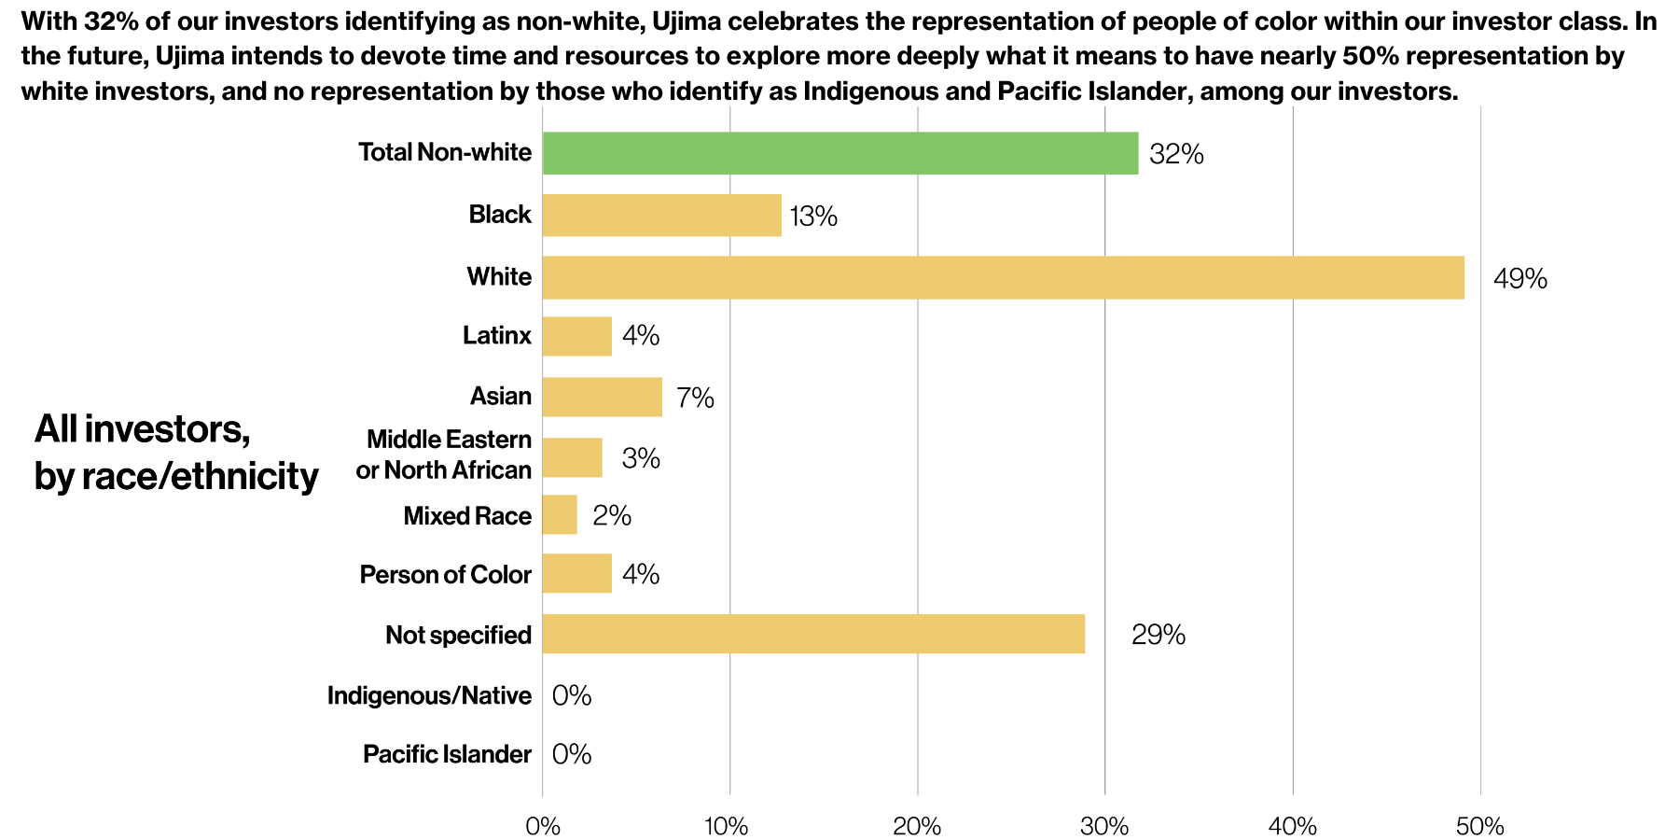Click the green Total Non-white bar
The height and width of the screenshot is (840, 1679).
point(839,153)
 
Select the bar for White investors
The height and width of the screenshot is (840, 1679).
point(1003,277)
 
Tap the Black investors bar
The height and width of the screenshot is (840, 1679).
point(661,215)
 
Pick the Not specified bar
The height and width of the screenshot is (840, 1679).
point(813,634)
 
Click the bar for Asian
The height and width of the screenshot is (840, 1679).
point(602,397)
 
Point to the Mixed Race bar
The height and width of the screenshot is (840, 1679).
point(560,515)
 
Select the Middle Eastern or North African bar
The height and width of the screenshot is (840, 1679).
point(572,457)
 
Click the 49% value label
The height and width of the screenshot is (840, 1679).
point(1519,279)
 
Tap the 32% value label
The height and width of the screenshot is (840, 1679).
point(1176,154)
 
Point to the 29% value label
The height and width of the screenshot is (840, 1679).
point(1158,636)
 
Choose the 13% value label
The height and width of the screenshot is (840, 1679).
point(813,217)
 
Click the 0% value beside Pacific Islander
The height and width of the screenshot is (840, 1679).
point(572,754)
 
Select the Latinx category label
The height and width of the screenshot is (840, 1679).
point(496,335)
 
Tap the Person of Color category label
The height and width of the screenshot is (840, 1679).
point(445,574)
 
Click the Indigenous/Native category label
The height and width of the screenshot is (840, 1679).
point(429,695)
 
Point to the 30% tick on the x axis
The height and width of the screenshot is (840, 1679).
point(1104,826)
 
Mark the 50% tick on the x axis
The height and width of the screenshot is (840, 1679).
point(1479,826)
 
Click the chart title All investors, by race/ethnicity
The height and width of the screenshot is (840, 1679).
point(176,453)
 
